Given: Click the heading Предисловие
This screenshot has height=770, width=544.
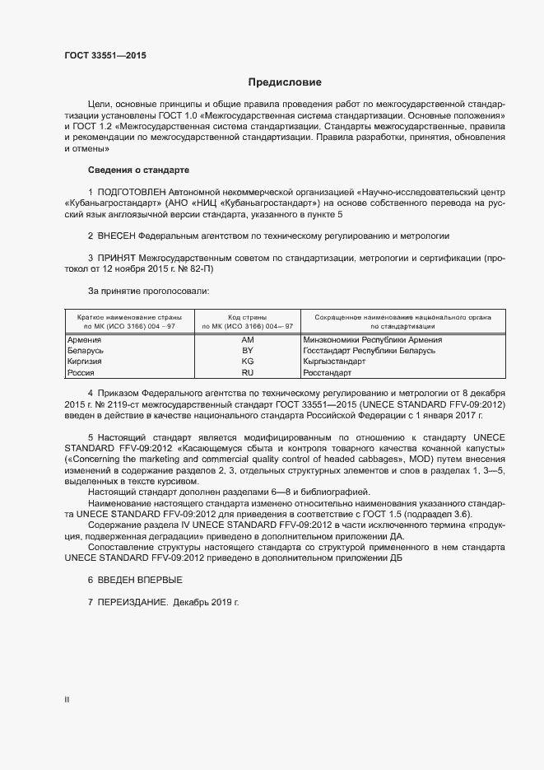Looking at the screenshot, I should tap(285, 82).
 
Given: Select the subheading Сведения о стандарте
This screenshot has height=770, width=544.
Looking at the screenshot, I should tap(138, 170).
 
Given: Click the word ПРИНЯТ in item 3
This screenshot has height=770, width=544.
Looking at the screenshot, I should tap(119, 258).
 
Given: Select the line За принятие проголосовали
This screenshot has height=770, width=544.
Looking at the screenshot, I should tap(148, 291).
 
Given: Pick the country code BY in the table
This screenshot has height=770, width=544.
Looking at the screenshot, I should tap(248, 351).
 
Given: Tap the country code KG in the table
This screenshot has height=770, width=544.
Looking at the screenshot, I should tap(248, 362).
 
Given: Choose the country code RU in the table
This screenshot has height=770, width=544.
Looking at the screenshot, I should tap(248, 373).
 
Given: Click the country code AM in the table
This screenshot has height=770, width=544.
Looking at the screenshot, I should tap(248, 339).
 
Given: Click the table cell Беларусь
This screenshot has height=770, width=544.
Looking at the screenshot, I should tap(86, 351).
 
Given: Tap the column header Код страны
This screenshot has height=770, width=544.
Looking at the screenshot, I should tap(248, 316).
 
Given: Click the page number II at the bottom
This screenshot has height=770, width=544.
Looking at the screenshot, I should tap(67, 699).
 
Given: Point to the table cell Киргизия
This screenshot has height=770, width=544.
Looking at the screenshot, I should tap(85, 362).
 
